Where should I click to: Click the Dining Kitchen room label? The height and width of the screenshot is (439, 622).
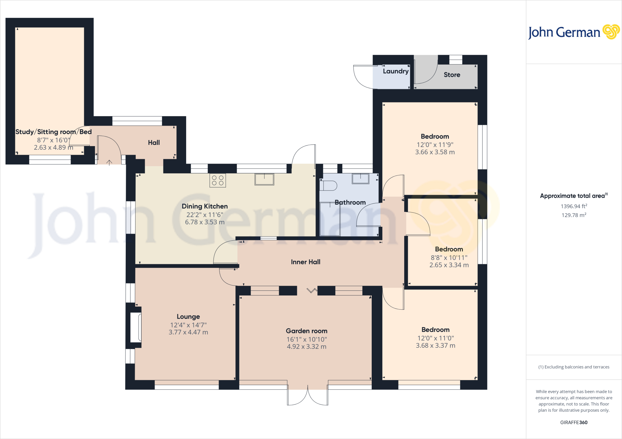pyautogui.click(x=205, y=206)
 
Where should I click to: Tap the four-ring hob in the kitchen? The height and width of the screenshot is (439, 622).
pyautogui.click(x=217, y=180)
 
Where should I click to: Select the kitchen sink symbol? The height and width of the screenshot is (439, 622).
pyautogui.click(x=264, y=179)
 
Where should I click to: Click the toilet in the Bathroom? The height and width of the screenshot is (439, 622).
pyautogui.click(x=328, y=186)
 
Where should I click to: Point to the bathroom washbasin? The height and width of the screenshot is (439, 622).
pyautogui.click(x=361, y=179)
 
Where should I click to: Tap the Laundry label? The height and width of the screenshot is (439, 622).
pyautogui.click(x=395, y=71)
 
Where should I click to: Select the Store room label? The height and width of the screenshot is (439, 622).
pyautogui.click(x=452, y=75)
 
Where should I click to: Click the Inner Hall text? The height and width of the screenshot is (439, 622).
pyautogui.click(x=306, y=262)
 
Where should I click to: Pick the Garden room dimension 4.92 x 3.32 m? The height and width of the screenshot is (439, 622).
pyautogui.click(x=306, y=347)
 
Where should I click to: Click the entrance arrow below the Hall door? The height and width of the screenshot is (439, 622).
pyautogui.click(x=109, y=163)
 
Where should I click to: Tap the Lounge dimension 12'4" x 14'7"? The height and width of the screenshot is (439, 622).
pyautogui.click(x=188, y=325)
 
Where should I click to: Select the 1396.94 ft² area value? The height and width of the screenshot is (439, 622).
pyautogui.click(x=573, y=206)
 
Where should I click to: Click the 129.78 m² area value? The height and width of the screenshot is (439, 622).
pyautogui.click(x=573, y=215)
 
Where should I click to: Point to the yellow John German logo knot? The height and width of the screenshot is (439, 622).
pyautogui.click(x=611, y=32)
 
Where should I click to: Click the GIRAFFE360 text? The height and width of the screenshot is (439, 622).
pyautogui.click(x=573, y=422)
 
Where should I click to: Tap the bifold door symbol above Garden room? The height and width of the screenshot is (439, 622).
pyautogui.click(x=312, y=291)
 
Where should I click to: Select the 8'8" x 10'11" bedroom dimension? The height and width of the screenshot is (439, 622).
pyautogui.click(x=449, y=258)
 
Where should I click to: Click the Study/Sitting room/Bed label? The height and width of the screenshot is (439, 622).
pyautogui.click(x=53, y=132)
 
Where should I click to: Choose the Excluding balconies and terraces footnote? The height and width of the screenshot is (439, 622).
pyautogui.click(x=573, y=367)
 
